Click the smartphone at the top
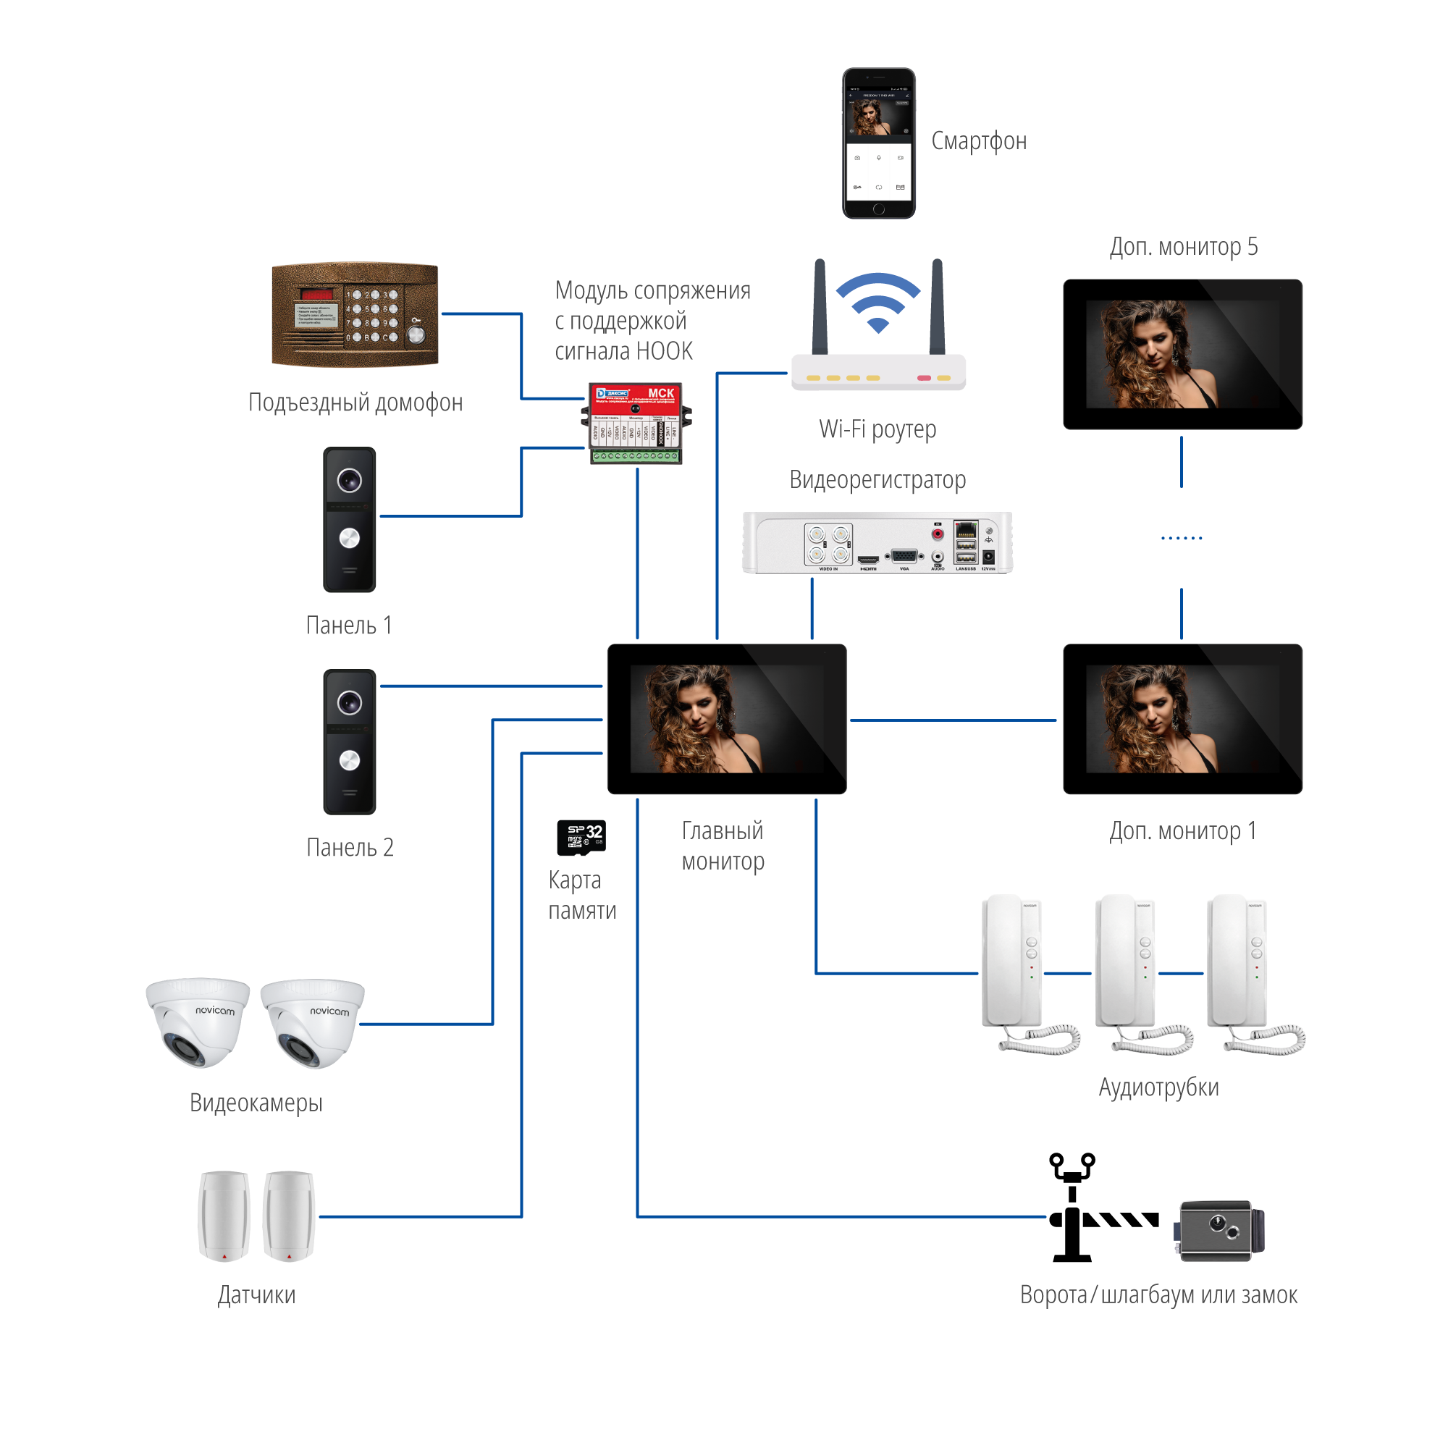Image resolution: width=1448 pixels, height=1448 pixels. pos(878,143)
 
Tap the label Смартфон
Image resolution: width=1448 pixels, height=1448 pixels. pos(978,141)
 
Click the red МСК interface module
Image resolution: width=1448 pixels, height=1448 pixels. pos(636,423)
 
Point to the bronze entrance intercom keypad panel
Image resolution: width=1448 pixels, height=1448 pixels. pos(355,315)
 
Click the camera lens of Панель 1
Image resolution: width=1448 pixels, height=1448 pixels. pos(349,480)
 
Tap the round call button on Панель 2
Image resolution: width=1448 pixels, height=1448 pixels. pos(349,761)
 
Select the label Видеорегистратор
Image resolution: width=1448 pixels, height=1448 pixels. pos(877,480)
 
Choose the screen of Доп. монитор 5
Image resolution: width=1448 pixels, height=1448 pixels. pos(1182,354)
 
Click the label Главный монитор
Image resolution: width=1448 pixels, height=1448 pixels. pos(723,846)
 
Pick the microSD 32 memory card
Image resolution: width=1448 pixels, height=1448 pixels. pos(581,836)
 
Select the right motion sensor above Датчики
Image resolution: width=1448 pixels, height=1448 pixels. pos(290,1215)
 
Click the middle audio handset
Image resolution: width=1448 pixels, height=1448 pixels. pos(1130,972)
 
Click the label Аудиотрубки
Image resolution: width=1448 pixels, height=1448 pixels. pos(1158,1087)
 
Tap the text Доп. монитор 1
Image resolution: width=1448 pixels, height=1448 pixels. pos(1182,830)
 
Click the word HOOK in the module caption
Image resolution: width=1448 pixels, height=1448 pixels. pos(668,350)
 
